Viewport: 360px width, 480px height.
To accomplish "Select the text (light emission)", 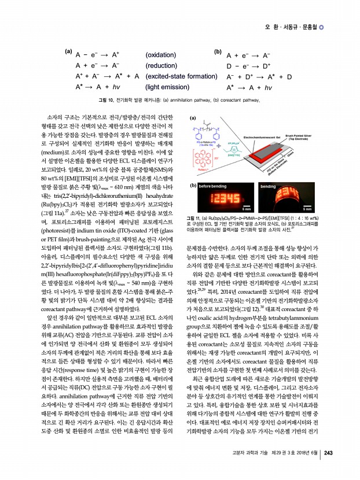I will (168, 87).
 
